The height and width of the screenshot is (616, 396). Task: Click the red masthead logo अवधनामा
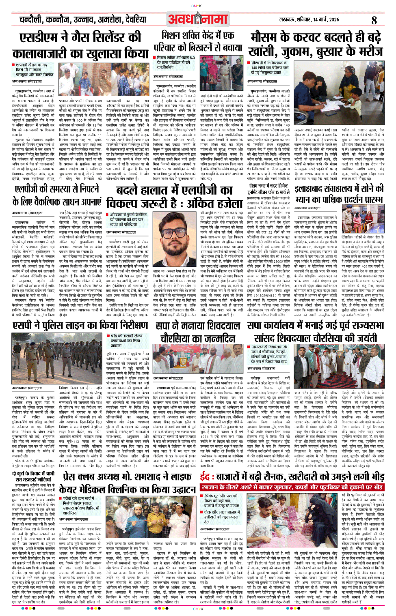tap(198, 19)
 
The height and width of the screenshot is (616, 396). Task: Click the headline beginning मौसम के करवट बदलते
tap(316, 44)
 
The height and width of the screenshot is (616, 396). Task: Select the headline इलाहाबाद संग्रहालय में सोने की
tap(339, 194)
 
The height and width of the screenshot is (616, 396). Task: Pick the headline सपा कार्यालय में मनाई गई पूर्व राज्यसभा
tap(316, 331)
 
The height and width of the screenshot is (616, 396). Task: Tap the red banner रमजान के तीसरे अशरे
tap(292, 487)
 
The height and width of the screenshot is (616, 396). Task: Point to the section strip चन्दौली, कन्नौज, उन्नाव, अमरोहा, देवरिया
tap(83, 19)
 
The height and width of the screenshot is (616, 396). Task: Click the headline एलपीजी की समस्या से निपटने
tap(56, 195)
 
